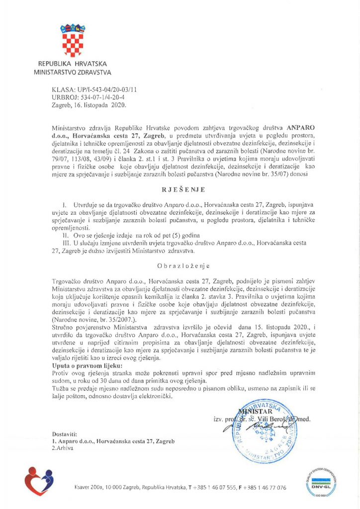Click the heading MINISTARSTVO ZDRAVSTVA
click(x=72, y=72)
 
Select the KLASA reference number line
click(x=88, y=89)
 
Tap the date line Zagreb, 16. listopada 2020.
click(x=86, y=105)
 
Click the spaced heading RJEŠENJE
click(x=180, y=190)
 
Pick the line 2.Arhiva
click(x=63, y=448)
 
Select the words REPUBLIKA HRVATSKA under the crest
click(x=72, y=64)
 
